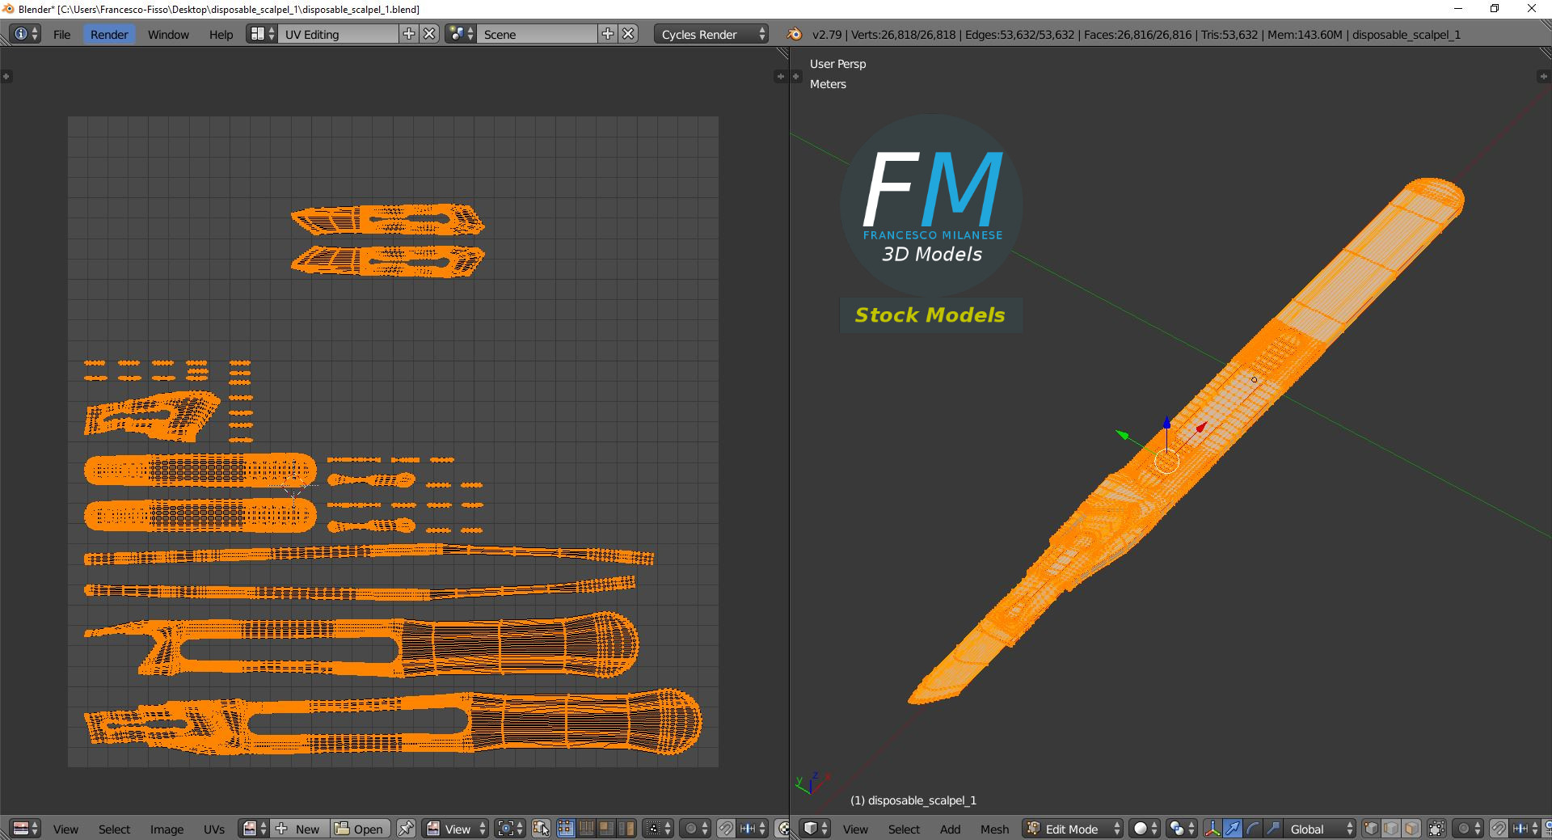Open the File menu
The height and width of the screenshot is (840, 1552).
coord(61,34)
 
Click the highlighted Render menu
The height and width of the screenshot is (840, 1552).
coord(109,34)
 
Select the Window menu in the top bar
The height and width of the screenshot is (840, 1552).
coord(168,34)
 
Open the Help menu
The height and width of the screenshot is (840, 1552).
coord(221,34)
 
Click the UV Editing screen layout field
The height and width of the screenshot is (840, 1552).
coord(339,34)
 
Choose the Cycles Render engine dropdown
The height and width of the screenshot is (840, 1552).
coord(711,34)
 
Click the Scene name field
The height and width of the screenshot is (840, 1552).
coord(538,34)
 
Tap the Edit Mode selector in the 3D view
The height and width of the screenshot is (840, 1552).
coord(1073,829)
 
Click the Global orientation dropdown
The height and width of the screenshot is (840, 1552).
coord(1318,829)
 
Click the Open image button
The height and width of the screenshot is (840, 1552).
coord(360,829)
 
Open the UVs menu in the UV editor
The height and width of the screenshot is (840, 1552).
coord(214,829)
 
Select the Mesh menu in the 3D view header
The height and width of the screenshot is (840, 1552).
coord(994,829)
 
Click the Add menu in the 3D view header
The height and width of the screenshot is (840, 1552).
coord(950,829)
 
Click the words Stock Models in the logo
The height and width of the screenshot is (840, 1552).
coord(930,314)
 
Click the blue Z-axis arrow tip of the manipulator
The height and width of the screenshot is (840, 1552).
coord(1166,422)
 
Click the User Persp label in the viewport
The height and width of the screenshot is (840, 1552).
coord(837,64)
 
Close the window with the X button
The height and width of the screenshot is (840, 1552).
coord(1531,9)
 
